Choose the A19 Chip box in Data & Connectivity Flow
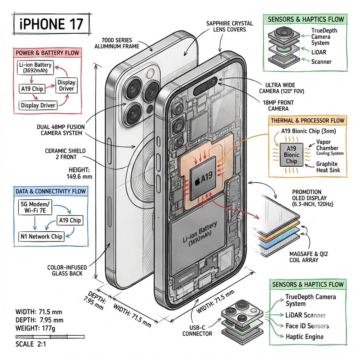click(70, 220)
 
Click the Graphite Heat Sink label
click(327, 167)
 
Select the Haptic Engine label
click(304, 336)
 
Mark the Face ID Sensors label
click(307, 326)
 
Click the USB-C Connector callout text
click(197, 330)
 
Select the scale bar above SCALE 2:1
click(50, 336)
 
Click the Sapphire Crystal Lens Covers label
click(230, 26)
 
